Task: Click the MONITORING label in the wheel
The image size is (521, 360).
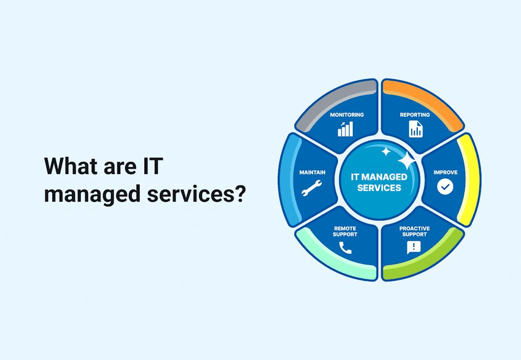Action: click(x=346, y=115)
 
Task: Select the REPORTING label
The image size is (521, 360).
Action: click(x=415, y=115)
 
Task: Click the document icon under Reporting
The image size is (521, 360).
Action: click(x=416, y=129)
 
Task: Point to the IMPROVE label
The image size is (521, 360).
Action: click(x=445, y=172)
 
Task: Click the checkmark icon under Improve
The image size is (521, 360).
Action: click(x=445, y=187)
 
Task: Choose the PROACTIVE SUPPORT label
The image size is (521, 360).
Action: click(x=414, y=231)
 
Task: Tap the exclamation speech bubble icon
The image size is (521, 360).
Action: click(x=414, y=247)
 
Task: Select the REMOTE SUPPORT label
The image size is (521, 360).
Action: click(x=345, y=231)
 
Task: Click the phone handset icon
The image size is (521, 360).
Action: click(x=345, y=248)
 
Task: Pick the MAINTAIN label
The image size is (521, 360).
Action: click(x=312, y=172)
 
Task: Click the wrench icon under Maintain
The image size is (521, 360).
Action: click(x=312, y=188)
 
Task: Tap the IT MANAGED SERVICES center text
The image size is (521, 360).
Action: click(x=379, y=182)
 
